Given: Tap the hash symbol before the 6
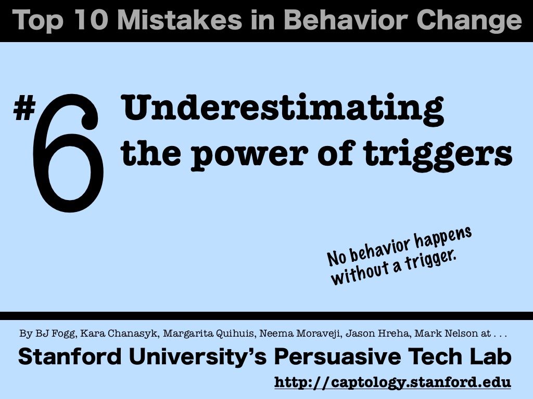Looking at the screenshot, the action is pyautogui.click(x=24, y=108).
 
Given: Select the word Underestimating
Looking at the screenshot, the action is pyautogui.click(x=282, y=109).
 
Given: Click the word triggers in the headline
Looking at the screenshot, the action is pyautogui.click(x=437, y=154).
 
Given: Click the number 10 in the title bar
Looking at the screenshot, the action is pyautogui.click(x=91, y=20).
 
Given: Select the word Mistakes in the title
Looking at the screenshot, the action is pyautogui.click(x=180, y=20).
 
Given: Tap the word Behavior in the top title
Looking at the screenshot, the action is pyautogui.click(x=346, y=20).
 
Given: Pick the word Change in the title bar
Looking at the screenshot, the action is pyautogui.click(x=469, y=21).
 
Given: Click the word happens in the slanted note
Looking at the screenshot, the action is pyautogui.click(x=442, y=237).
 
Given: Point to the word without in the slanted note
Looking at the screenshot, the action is pyautogui.click(x=359, y=273).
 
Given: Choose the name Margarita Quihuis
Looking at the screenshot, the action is pyautogui.click(x=208, y=334).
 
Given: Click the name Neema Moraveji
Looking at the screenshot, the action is pyautogui.click(x=300, y=334).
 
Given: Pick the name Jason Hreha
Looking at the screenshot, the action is pyautogui.click(x=377, y=334).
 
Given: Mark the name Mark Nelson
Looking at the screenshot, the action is pyautogui.click(x=446, y=334).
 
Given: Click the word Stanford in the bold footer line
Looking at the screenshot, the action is pyautogui.click(x=70, y=356).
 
